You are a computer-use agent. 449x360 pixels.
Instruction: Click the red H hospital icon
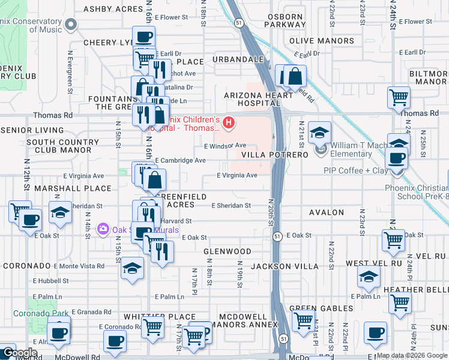coord(228,123)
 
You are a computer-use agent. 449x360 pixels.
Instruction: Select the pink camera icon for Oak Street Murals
coord(103,229)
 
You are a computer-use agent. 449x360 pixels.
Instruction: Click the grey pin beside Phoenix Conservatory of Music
coord(71,25)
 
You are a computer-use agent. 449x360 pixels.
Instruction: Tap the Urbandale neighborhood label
coord(238,60)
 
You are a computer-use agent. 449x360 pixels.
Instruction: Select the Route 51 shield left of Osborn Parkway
coord(239,23)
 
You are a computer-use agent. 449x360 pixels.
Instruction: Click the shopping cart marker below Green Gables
coord(303,321)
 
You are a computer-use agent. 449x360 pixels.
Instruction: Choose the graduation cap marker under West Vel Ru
coord(369,277)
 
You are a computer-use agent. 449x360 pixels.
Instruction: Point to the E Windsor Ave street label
coord(226,146)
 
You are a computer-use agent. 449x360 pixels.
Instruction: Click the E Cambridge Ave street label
coord(181,161)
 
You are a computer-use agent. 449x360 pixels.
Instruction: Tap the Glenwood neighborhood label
coord(227,251)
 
